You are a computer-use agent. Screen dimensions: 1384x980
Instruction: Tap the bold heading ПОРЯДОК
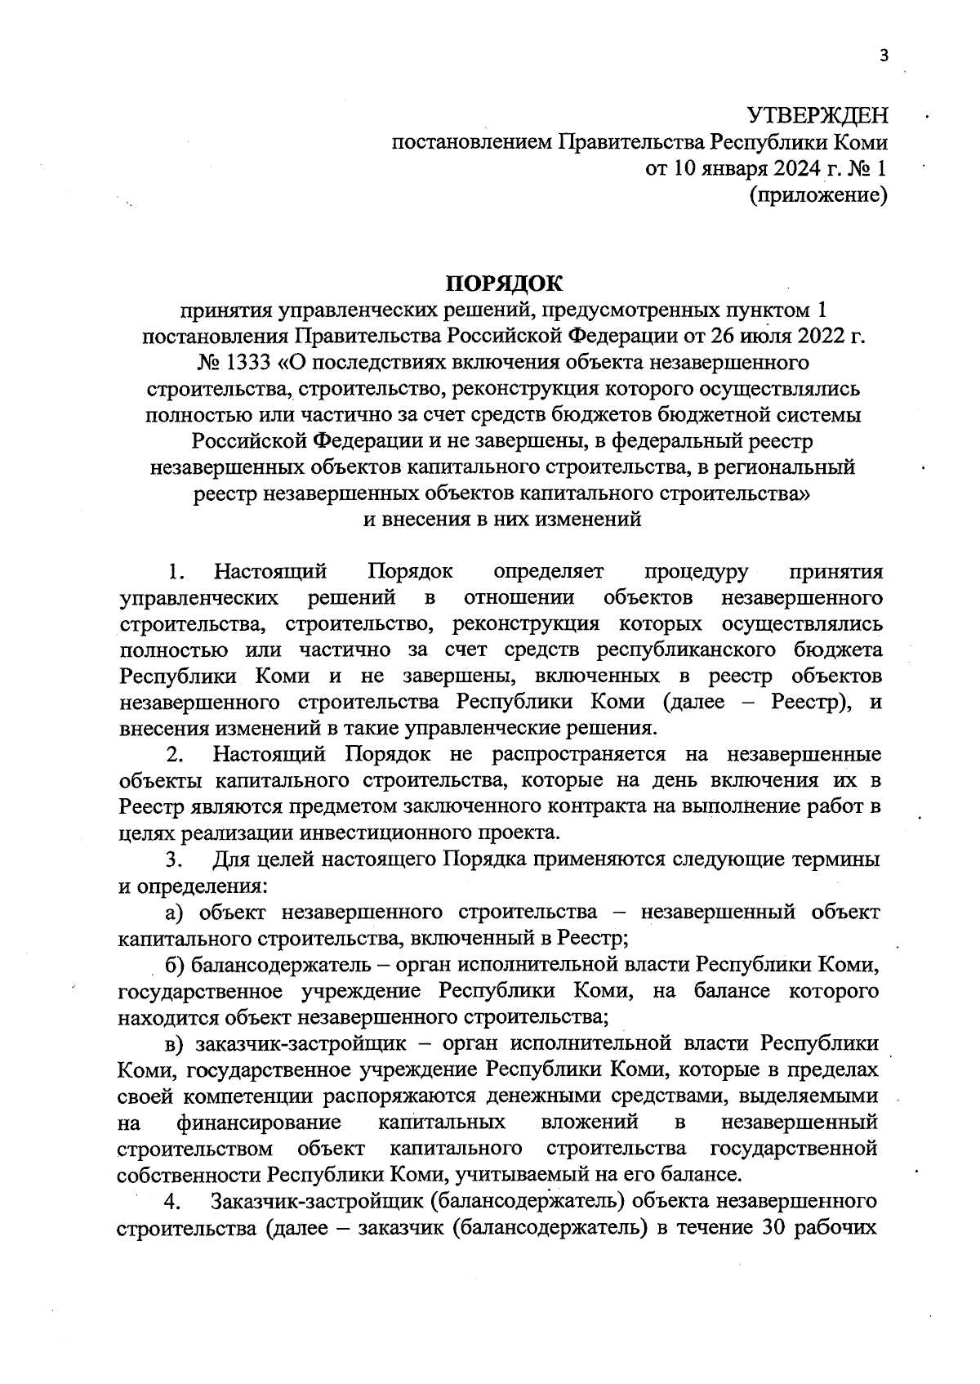click(504, 283)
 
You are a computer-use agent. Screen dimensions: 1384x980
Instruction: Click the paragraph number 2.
click(173, 754)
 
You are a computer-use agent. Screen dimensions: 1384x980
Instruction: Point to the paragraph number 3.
click(173, 859)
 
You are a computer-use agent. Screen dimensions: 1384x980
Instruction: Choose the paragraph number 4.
click(171, 1203)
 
